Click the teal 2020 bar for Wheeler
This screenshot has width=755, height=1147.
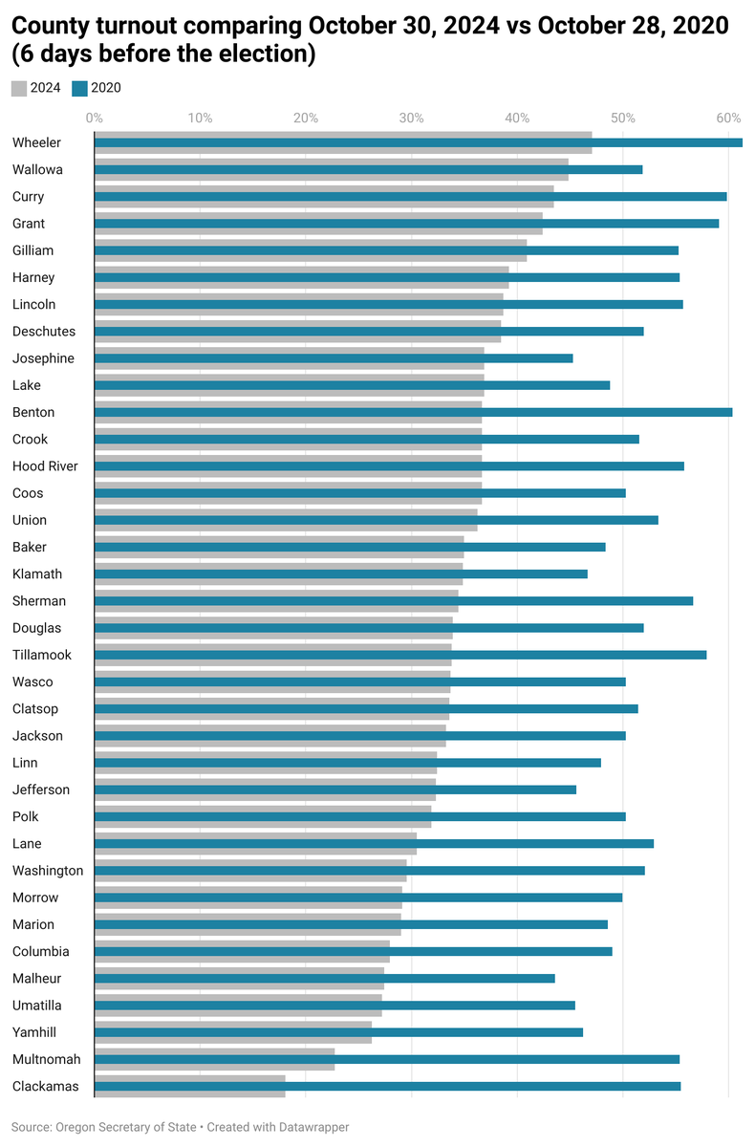(418, 142)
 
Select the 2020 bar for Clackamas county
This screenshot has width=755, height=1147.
(387, 1086)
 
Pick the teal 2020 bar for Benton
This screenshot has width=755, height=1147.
(413, 412)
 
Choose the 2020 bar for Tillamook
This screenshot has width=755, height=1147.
(399, 655)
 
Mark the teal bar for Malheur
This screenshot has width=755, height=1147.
(324, 978)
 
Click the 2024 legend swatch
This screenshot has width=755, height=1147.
(19, 88)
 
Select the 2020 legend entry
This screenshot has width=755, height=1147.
(97, 88)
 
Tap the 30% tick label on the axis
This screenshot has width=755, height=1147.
(411, 118)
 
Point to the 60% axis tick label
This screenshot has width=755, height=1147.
(728, 118)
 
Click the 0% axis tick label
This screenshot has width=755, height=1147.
(94, 118)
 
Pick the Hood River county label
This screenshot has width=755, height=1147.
(45, 466)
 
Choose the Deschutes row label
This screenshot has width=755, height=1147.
(44, 332)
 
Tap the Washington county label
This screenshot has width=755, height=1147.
(48, 871)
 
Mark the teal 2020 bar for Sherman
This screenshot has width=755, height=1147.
(393, 601)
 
